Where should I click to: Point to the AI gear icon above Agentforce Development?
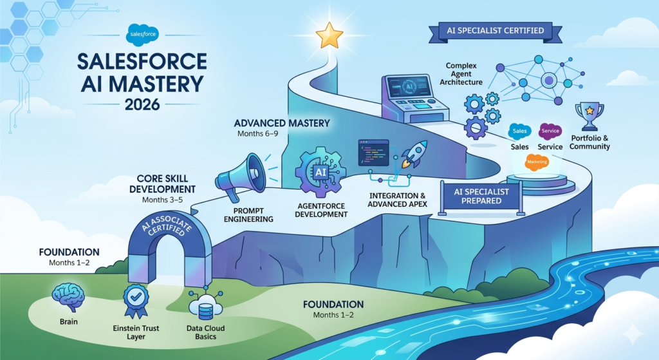pos(320,171)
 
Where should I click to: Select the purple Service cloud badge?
pos(550,131)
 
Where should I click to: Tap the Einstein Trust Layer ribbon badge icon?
pos(135,300)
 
